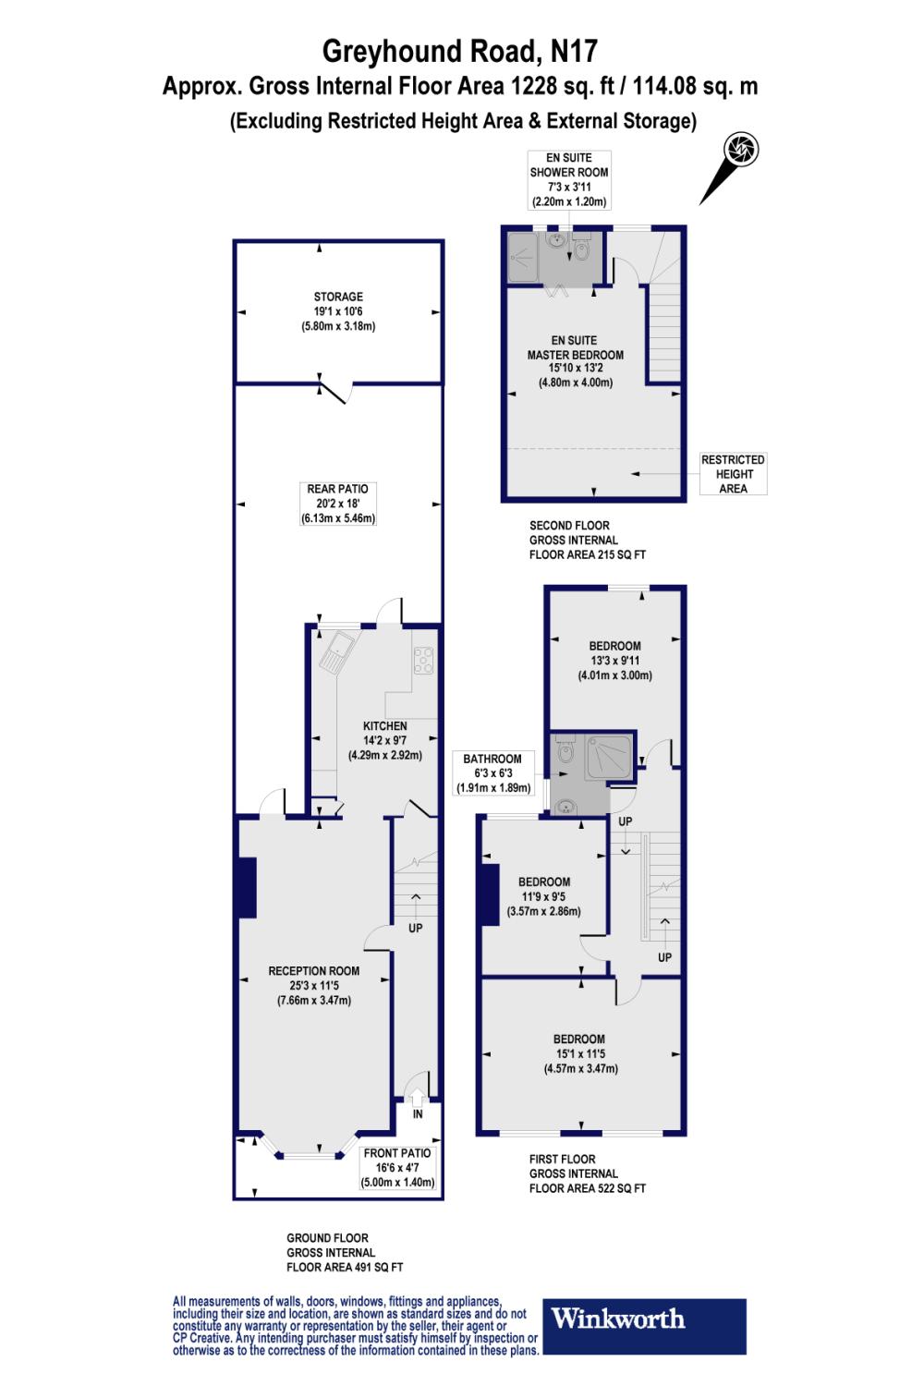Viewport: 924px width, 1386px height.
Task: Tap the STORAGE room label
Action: click(x=338, y=297)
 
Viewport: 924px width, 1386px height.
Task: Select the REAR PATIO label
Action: click(x=338, y=489)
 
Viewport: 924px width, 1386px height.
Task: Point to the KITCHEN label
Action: click(x=384, y=726)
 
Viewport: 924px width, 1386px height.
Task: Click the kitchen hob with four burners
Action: click(x=424, y=660)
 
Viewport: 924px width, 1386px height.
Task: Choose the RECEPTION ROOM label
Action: click(x=313, y=971)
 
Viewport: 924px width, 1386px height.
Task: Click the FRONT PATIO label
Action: click(x=397, y=1153)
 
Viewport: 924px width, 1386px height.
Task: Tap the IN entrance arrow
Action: click(x=417, y=1100)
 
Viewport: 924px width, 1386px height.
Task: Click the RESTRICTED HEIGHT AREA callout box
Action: click(x=733, y=474)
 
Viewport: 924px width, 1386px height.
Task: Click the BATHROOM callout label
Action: click(x=492, y=759)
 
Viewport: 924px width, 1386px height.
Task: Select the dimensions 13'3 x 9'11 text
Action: click(x=614, y=661)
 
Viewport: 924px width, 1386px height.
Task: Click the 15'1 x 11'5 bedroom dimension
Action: click(x=580, y=1053)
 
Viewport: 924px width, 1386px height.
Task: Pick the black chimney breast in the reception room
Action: click(x=247, y=888)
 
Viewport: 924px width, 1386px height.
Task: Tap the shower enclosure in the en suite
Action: click(x=520, y=258)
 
